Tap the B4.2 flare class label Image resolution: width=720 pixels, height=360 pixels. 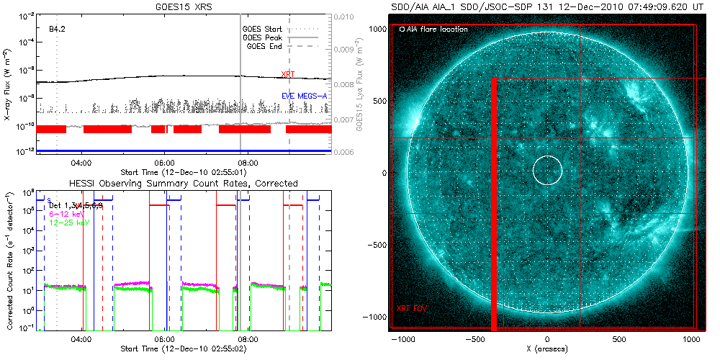click(58, 30)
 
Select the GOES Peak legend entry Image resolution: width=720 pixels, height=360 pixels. click(264, 37)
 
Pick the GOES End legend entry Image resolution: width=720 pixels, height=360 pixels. click(265, 46)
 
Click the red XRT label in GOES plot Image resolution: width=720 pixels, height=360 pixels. click(287, 74)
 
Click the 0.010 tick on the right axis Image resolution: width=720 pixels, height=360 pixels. click(347, 16)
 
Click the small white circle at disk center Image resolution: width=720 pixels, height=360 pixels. click(547, 171)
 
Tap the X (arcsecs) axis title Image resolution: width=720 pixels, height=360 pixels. click(547, 349)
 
